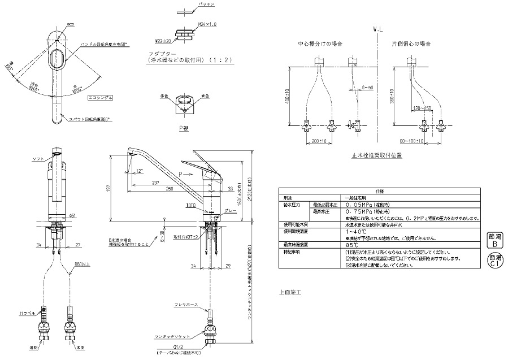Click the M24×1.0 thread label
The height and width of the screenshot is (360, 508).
click(x=205, y=24)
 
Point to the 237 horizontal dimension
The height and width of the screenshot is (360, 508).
click(x=155, y=183)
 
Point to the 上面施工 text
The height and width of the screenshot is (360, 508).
click(x=290, y=293)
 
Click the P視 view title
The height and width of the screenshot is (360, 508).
click(x=184, y=128)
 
